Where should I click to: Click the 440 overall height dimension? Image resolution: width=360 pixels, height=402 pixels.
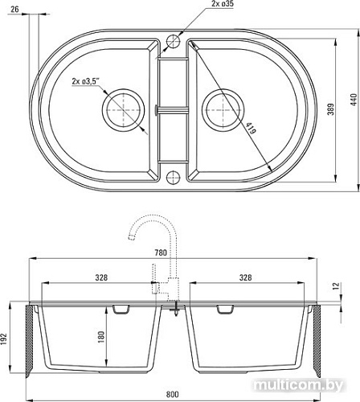351,98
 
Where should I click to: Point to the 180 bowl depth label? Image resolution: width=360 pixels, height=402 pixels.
100,337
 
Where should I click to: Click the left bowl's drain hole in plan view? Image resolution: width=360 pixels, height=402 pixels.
121,106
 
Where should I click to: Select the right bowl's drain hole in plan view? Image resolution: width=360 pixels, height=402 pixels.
222,106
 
